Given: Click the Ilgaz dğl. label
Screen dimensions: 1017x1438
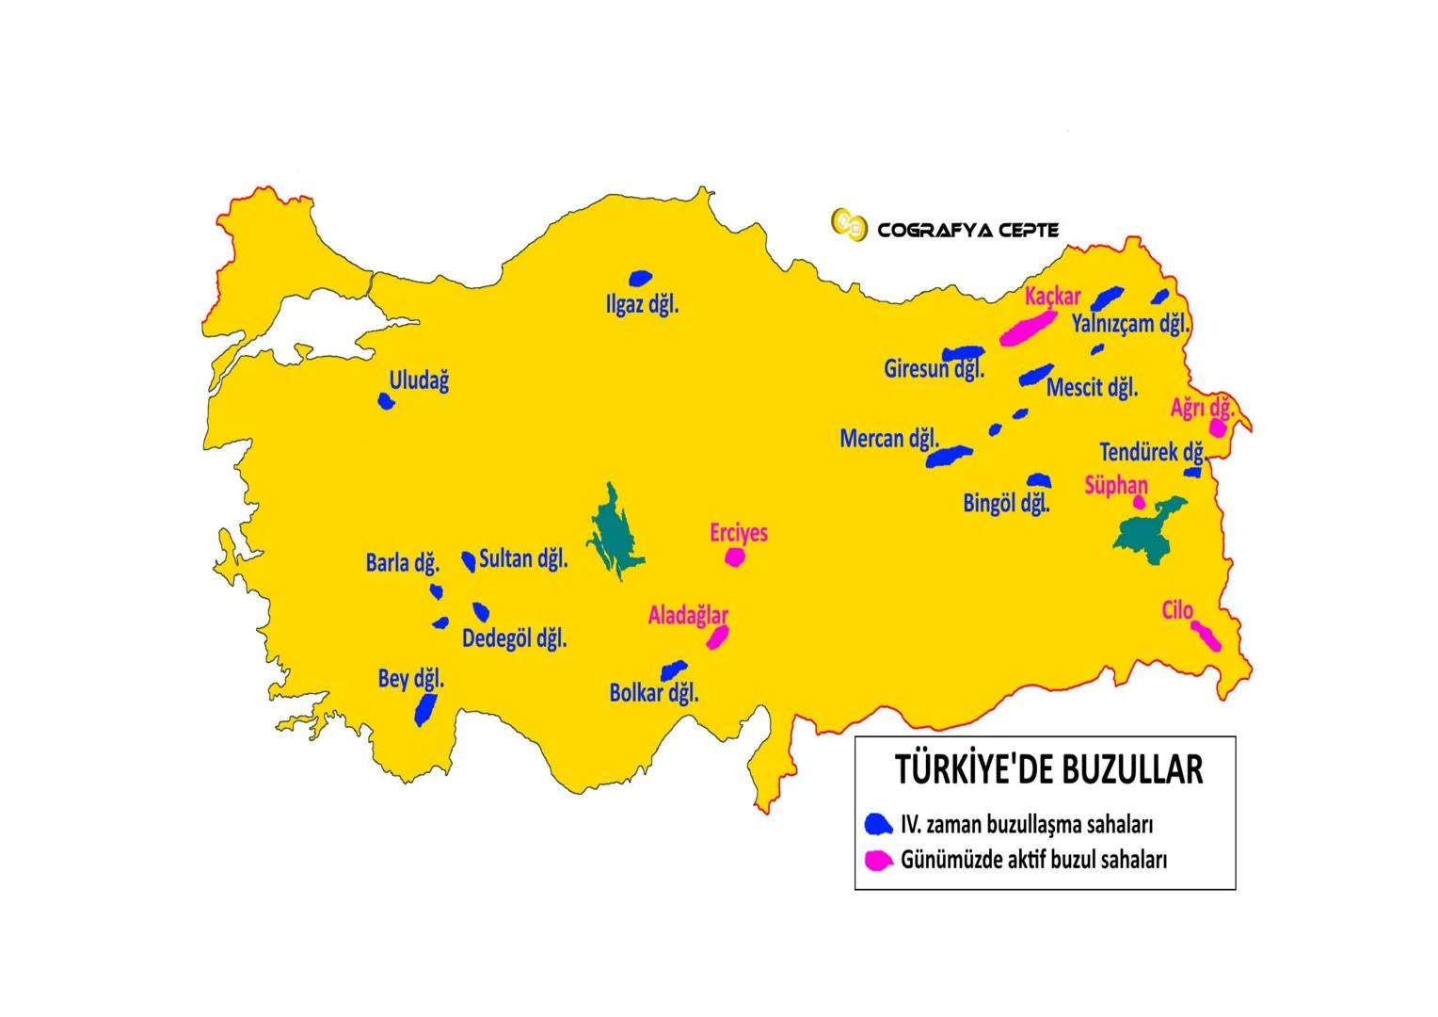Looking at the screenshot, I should pyautogui.click(x=644, y=305).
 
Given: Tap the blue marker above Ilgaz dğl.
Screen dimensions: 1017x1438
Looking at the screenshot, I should pyautogui.click(x=641, y=279).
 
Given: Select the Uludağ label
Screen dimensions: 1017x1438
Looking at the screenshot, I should pyautogui.click(x=419, y=380).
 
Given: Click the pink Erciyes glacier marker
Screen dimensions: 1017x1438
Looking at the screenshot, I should pyautogui.click(x=735, y=557).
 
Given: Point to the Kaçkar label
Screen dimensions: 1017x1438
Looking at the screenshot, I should pyautogui.click(x=1053, y=296).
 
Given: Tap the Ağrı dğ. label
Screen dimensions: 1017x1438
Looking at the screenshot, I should pyautogui.click(x=1202, y=409).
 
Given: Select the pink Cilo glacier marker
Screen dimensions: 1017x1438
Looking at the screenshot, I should pyautogui.click(x=1206, y=637).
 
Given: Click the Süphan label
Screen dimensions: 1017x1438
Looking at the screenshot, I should pyautogui.click(x=1116, y=485).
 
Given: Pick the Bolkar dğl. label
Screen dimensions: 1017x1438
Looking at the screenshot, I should pyautogui.click(x=654, y=694).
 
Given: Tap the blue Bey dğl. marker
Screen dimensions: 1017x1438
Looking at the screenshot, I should pyautogui.click(x=425, y=708).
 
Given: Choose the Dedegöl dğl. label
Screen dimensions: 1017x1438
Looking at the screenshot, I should pyautogui.click(x=515, y=638).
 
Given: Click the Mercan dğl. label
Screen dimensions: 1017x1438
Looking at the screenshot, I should pyautogui.click(x=889, y=438).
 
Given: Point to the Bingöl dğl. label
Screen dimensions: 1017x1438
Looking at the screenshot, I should pyautogui.click(x=1006, y=503).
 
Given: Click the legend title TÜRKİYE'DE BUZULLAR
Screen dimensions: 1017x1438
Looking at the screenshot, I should pyautogui.click(x=1047, y=769).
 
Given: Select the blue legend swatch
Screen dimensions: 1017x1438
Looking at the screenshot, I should pyautogui.click(x=878, y=824).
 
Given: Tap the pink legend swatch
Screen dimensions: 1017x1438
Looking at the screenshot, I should pyautogui.click(x=878, y=859).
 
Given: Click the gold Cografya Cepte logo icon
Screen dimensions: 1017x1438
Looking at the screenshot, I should pyautogui.click(x=848, y=225).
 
